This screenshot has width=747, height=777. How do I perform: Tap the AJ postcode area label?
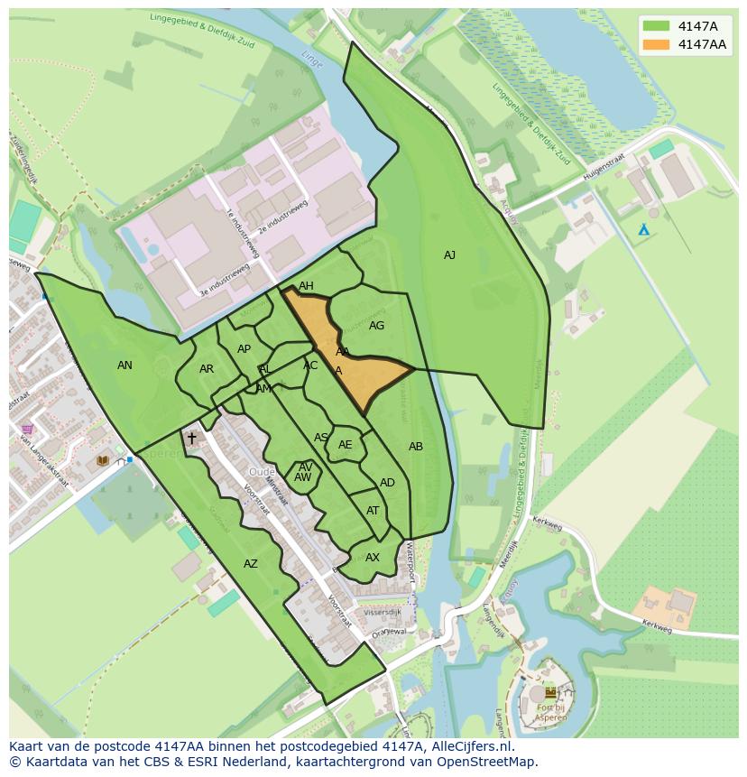pyautogui.click(x=449, y=255)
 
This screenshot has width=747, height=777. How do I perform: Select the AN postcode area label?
pyautogui.click(x=124, y=365)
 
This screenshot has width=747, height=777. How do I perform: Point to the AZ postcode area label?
pyautogui.click(x=251, y=564)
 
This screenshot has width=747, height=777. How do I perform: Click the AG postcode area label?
pyautogui.click(x=377, y=326)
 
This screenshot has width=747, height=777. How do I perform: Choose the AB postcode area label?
pyautogui.click(x=416, y=447)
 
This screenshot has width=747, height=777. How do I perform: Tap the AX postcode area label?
pyautogui.click(x=373, y=558)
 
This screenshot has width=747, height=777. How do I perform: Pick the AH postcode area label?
pyautogui.click(x=306, y=286)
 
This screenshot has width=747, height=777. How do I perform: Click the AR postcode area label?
pyautogui.click(x=207, y=369)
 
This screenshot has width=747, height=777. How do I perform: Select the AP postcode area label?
pyautogui.click(x=244, y=349)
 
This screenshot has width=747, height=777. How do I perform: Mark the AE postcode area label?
pyautogui.click(x=346, y=445)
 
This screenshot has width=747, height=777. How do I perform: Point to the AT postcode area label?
pyautogui.click(x=373, y=511)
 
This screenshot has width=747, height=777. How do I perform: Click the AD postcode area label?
pyautogui.click(x=387, y=483)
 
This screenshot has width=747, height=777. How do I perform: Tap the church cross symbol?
pyautogui.click(x=191, y=439)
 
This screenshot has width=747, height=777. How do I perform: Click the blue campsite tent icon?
pyautogui.click(x=643, y=230)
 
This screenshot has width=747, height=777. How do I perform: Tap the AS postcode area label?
pyautogui.click(x=321, y=438)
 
